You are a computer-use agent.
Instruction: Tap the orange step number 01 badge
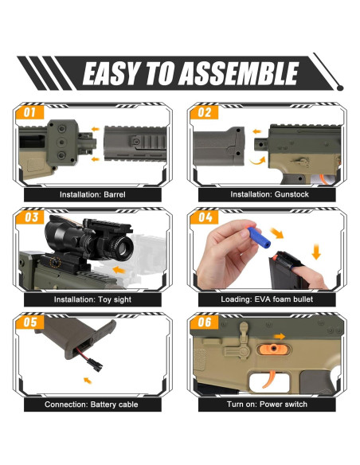click(x=29, y=113)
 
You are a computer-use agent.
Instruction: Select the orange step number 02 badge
click(x=204, y=113)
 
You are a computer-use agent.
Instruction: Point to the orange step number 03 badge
click(x=30, y=217)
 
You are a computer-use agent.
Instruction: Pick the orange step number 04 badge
click(x=205, y=217)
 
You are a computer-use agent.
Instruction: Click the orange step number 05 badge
click(x=29, y=322)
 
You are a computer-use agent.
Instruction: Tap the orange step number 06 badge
click(x=205, y=322)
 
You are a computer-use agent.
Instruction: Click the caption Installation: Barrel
click(x=92, y=194)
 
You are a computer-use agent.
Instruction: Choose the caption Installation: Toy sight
click(x=92, y=299)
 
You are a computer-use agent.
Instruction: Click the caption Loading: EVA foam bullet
click(x=267, y=299)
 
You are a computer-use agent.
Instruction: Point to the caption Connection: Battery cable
click(x=92, y=404)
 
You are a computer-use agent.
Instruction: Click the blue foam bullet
click(x=252, y=234)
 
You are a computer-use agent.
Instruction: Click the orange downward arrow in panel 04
click(x=316, y=252)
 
